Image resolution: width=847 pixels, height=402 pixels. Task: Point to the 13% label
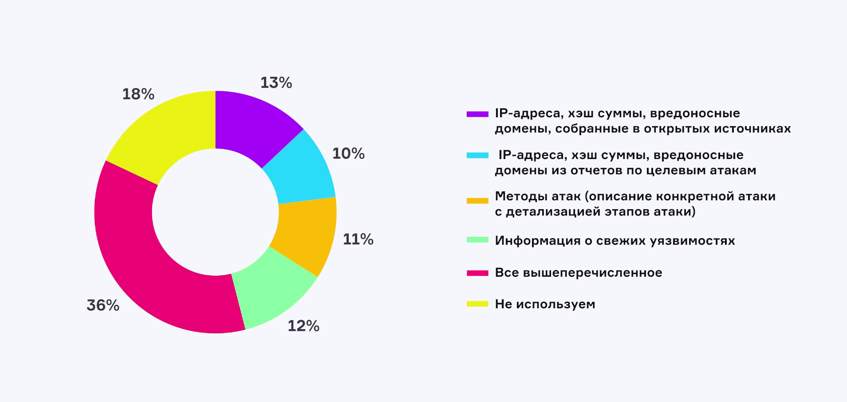(276, 83)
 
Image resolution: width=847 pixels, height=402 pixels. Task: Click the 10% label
(348, 154)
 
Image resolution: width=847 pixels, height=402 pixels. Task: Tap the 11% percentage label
(358, 239)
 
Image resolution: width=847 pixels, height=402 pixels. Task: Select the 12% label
(303, 326)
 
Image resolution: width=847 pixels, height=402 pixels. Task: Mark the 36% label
(103, 306)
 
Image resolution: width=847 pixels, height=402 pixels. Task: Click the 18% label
(138, 94)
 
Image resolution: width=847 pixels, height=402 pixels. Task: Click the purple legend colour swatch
(477, 114)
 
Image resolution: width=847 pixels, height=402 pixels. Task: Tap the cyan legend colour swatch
(477, 155)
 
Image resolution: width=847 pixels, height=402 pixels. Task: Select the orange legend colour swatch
(477, 201)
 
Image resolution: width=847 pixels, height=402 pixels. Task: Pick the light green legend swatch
(477, 240)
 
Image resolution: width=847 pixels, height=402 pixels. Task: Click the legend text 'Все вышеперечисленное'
(578, 273)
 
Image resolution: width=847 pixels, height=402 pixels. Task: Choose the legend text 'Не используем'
(545, 304)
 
